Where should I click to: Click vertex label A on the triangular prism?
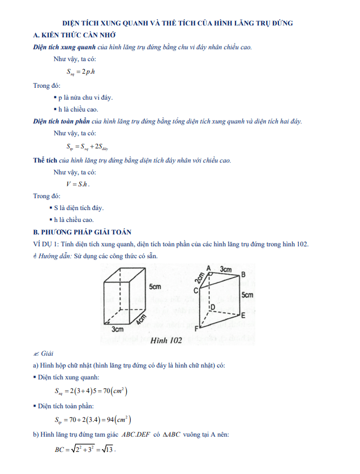tap(208, 268)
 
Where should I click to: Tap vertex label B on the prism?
tap(243, 275)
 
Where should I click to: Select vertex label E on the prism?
tap(243, 316)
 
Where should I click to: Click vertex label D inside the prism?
tap(213, 307)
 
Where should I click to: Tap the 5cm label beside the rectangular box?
tap(155, 288)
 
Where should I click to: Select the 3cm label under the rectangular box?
tap(117, 329)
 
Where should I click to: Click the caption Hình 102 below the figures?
tap(166, 340)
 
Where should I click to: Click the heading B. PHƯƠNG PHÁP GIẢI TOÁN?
tap(82, 232)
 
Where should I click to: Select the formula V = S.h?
tap(78, 184)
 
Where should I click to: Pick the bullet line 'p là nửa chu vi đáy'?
tap(85, 97)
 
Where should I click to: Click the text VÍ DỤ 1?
tap(46, 244)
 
